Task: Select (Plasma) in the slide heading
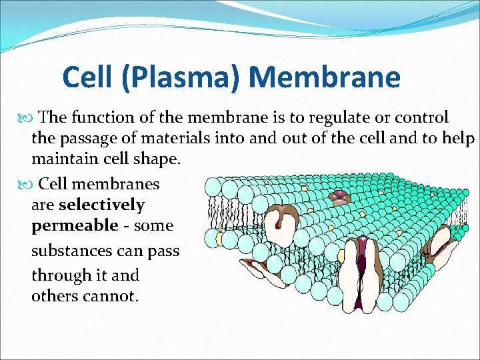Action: pos(178,78)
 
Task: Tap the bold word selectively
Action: pos(101,205)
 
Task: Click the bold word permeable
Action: pos(75,226)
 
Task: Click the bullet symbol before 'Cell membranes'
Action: pos(26,183)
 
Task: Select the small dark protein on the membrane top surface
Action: pos(341,196)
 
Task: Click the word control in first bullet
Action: pos(421,118)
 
